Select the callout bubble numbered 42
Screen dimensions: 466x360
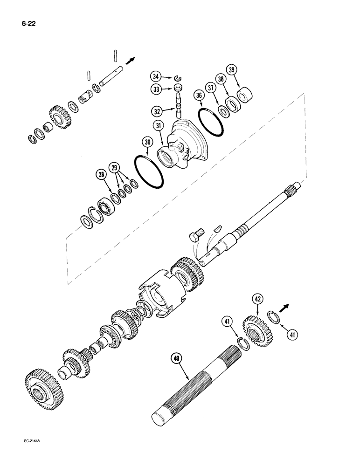[x=258, y=299]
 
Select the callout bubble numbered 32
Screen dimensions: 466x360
[x=156, y=111]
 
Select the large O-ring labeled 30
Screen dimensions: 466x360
[x=148, y=171]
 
